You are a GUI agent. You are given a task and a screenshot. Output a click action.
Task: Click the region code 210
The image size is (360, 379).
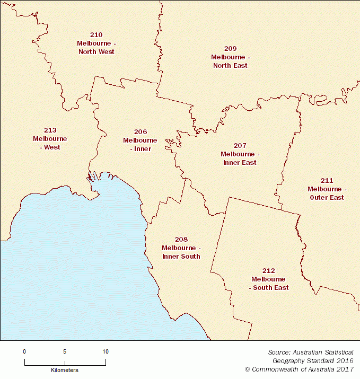[96, 34]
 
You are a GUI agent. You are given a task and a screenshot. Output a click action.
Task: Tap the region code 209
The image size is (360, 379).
[230, 48]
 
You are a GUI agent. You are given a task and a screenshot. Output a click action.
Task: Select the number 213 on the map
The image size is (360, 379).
[50, 130]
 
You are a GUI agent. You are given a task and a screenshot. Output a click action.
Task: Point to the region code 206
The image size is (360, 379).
[140, 131]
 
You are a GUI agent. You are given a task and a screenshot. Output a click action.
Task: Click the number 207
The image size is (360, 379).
[240, 145]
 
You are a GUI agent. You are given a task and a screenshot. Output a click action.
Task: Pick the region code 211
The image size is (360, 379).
[327, 180]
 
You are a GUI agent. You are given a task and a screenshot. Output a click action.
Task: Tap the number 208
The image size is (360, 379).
[181, 239]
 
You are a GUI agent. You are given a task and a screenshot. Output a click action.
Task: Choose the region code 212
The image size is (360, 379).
[268, 270]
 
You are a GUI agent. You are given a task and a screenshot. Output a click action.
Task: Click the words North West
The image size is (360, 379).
[96, 52]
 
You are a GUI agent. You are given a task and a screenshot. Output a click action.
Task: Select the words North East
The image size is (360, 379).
[230, 66]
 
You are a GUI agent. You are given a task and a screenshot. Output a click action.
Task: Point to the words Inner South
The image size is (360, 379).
[181, 257]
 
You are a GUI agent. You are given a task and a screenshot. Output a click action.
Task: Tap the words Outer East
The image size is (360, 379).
[327, 198]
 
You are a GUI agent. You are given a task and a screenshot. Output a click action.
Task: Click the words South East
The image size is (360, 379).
[269, 288]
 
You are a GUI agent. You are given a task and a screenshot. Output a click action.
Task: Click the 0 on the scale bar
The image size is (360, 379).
[24, 351]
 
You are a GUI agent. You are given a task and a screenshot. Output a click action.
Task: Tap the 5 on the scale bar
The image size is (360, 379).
[65, 351]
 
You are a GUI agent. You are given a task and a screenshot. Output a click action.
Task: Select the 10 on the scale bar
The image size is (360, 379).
[106, 351]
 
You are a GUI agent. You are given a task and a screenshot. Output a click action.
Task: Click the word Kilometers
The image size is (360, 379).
[65, 369]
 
